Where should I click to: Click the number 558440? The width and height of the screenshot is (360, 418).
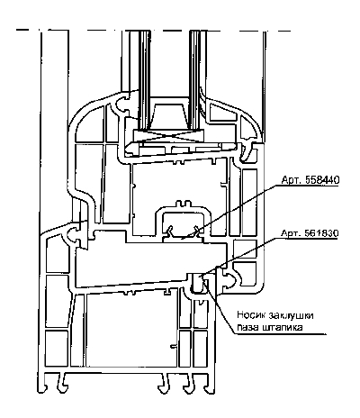tap(322, 180)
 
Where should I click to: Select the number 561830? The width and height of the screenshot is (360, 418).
tap(322, 233)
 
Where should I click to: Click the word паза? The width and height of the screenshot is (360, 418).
tap(247, 328)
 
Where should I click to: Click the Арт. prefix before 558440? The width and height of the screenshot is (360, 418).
tap(292, 180)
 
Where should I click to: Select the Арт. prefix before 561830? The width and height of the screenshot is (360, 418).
tap(292, 233)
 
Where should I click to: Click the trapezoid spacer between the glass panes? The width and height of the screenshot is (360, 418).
tap(168, 115)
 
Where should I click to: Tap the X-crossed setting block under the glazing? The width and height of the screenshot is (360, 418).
tap(169, 135)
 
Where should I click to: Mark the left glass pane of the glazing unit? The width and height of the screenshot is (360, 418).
tap(144, 79)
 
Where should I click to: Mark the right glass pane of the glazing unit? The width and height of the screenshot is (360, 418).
tap(195, 79)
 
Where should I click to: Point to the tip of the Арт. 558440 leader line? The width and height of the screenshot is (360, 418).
tap(182, 239)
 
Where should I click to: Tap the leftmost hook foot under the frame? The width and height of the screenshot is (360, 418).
tap(44, 383)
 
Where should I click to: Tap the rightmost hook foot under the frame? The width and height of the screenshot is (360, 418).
tap(208, 384)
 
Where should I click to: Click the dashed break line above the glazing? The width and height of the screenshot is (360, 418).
tap(153, 30)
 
